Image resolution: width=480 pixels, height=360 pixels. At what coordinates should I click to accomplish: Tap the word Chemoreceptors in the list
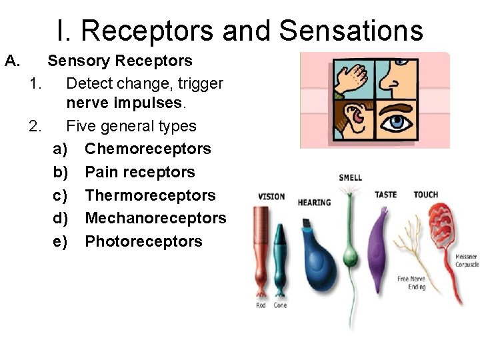point(147,149)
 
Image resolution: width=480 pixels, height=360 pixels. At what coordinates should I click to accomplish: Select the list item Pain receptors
point(140,172)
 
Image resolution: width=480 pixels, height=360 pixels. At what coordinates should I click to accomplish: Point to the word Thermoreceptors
point(150,195)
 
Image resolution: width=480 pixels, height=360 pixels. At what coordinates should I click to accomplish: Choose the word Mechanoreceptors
point(155,218)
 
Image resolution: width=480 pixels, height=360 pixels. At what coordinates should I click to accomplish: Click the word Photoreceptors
point(143,241)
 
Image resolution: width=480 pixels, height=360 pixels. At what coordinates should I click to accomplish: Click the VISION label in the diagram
point(271,197)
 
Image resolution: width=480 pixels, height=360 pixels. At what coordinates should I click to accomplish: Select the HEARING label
point(314,202)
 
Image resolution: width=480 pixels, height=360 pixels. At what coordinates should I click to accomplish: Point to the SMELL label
point(350,177)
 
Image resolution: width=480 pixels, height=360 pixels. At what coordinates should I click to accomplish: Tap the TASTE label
point(385,195)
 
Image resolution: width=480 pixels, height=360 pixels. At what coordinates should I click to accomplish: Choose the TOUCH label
point(425,195)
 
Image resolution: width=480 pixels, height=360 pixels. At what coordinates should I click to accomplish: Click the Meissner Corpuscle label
point(466,261)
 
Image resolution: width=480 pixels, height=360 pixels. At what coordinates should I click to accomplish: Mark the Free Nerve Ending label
point(411,283)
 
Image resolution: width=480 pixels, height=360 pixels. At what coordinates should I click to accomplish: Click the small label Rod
point(261,305)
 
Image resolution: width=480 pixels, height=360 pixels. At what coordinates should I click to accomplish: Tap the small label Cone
point(280,305)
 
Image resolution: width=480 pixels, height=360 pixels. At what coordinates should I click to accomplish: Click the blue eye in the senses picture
point(398,123)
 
